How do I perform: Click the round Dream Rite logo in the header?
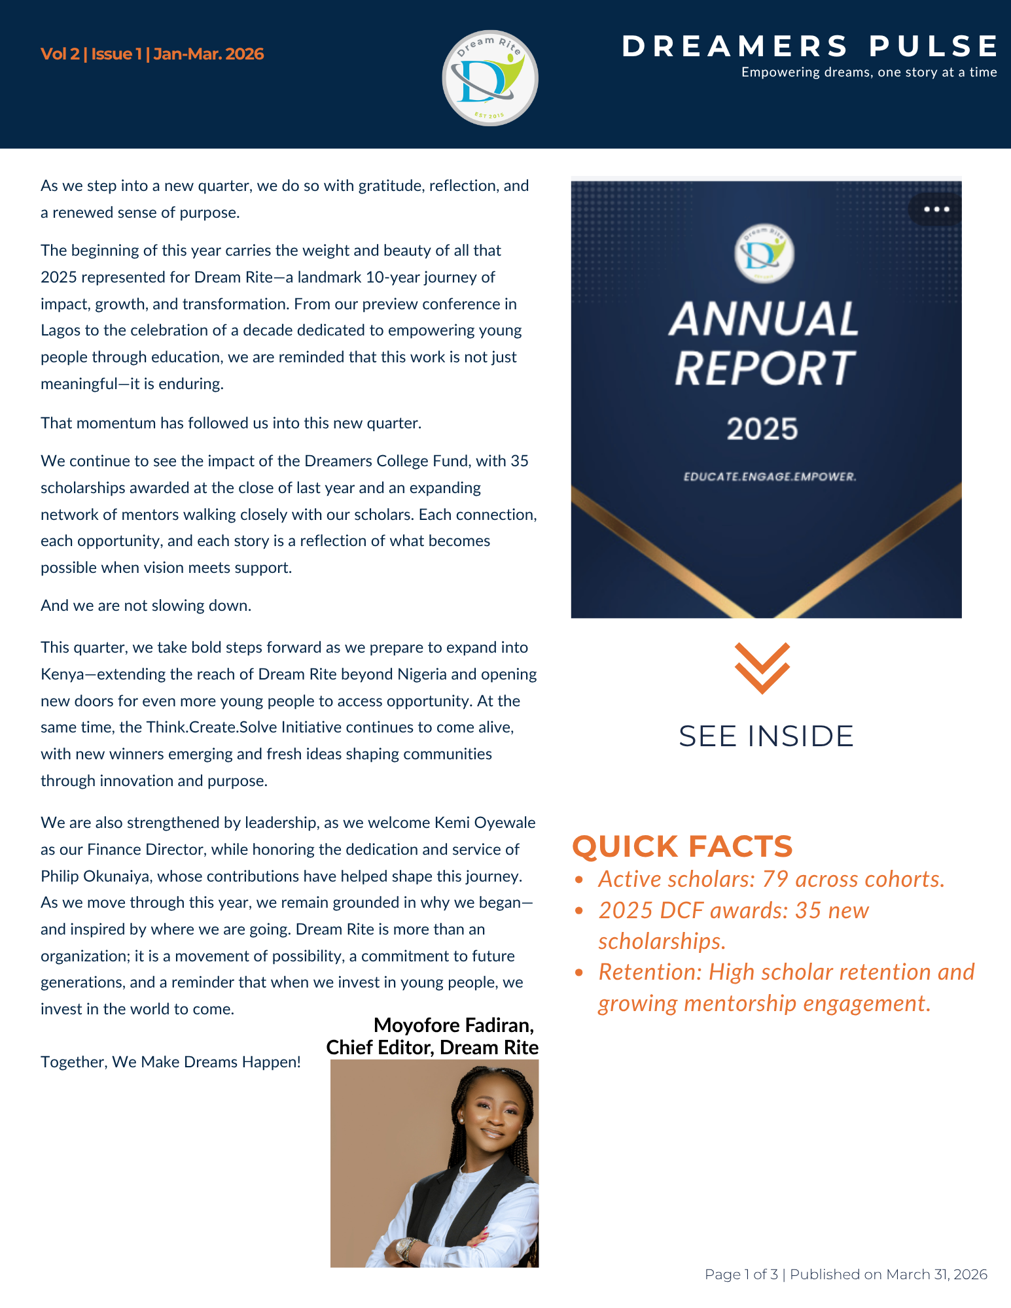pos(490,78)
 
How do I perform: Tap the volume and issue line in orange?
pos(152,54)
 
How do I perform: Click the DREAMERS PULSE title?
pos(810,46)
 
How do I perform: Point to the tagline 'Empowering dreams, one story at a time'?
pos(868,73)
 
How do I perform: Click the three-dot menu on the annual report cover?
pos(936,209)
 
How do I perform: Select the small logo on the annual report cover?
pos(764,254)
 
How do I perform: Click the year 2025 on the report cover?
pos(762,429)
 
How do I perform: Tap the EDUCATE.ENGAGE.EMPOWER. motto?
pos(770,477)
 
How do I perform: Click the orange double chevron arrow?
pos(762,667)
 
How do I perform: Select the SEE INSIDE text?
pos(766,736)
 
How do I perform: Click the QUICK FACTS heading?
pos(683,846)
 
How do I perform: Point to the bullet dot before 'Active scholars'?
pos(578,880)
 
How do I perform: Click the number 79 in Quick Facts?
pos(775,880)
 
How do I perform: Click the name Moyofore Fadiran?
pos(453,1025)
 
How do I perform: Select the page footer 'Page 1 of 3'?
pos(741,1274)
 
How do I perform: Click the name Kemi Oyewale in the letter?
pos(485,823)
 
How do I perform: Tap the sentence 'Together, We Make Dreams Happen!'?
pos(171,1062)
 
